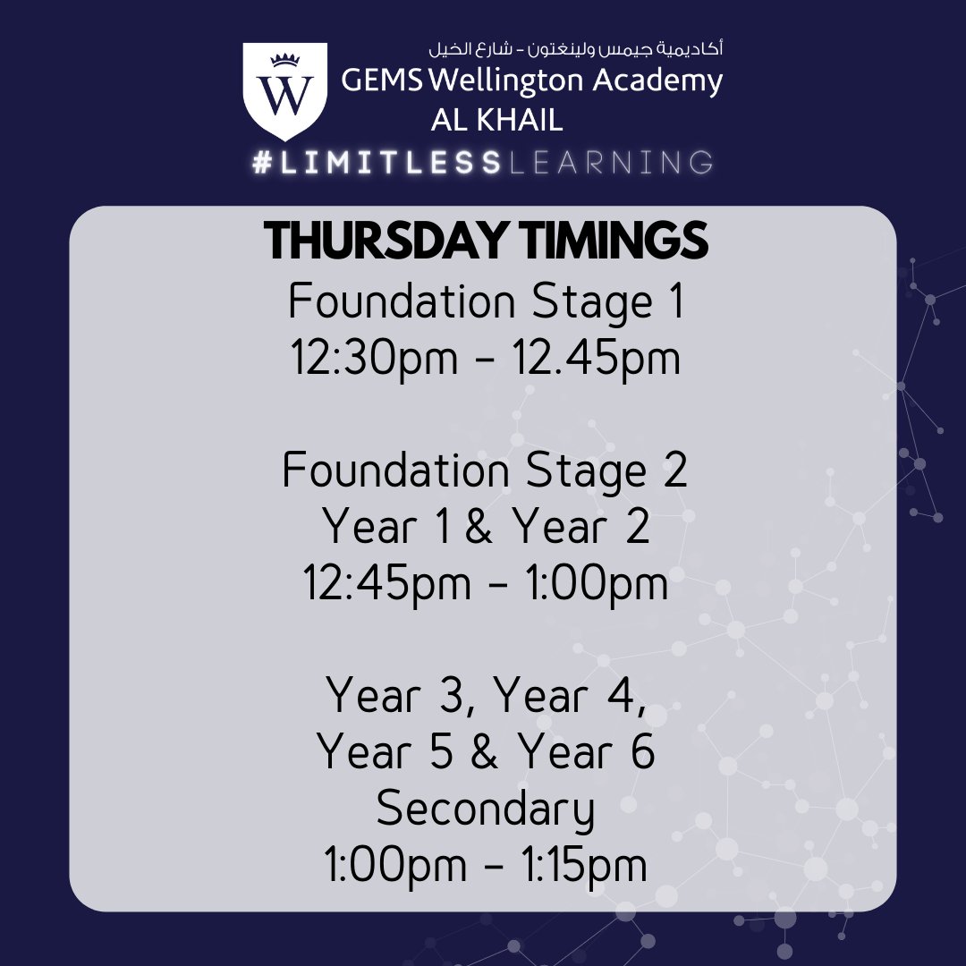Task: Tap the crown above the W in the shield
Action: coord(284,60)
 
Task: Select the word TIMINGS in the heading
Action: coord(608,241)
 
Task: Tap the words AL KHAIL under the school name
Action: coord(497,120)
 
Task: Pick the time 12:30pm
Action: coord(372,359)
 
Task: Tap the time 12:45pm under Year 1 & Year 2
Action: coord(386,584)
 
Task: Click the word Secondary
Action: coord(485,809)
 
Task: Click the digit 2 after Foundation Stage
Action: coord(676,471)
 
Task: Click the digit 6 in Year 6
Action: coord(642,753)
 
